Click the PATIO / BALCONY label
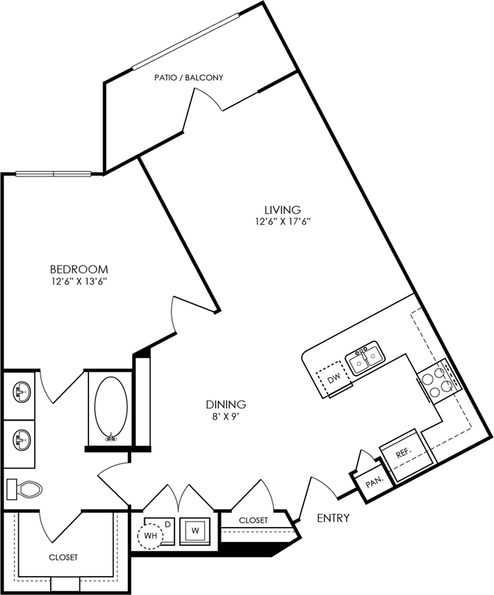[189, 78]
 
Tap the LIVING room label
[283, 209]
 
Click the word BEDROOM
[79, 269]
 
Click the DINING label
[226, 404]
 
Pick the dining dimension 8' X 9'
[226, 416]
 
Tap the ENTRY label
[333, 517]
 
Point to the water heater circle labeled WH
[150, 536]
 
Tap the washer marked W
[196, 530]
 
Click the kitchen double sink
[365, 358]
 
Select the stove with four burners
[439, 382]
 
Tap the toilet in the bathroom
[24, 489]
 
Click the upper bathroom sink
[22, 392]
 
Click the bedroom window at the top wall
[54, 174]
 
